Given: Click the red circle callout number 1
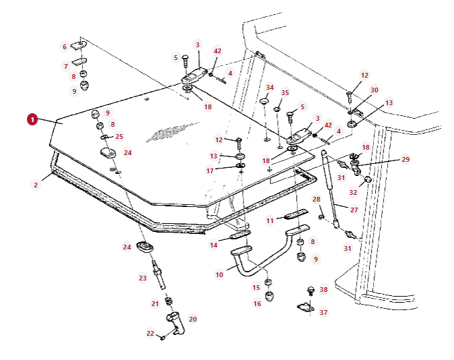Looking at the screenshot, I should click(x=32, y=119).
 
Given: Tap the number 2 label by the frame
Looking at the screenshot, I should click(x=36, y=184).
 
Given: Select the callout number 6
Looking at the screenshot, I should click(x=65, y=47).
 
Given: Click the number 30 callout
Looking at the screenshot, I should click(x=374, y=90).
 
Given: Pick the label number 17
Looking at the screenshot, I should click(x=210, y=171).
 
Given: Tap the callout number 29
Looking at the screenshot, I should click(x=405, y=159).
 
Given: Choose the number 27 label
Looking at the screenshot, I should click(x=353, y=210).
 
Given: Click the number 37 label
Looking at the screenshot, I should click(x=323, y=312).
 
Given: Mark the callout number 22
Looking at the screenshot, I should click(x=150, y=333).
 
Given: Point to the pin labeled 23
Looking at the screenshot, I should click(x=159, y=272).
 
